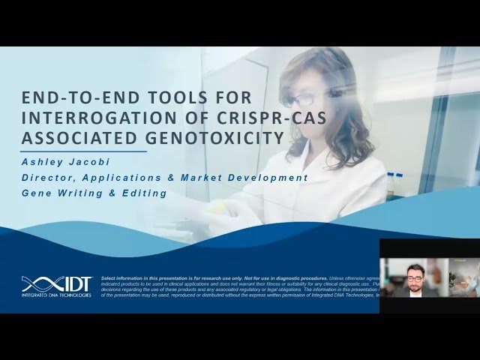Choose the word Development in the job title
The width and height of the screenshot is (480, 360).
click(x=274, y=178)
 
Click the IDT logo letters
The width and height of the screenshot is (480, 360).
click(x=74, y=284)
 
